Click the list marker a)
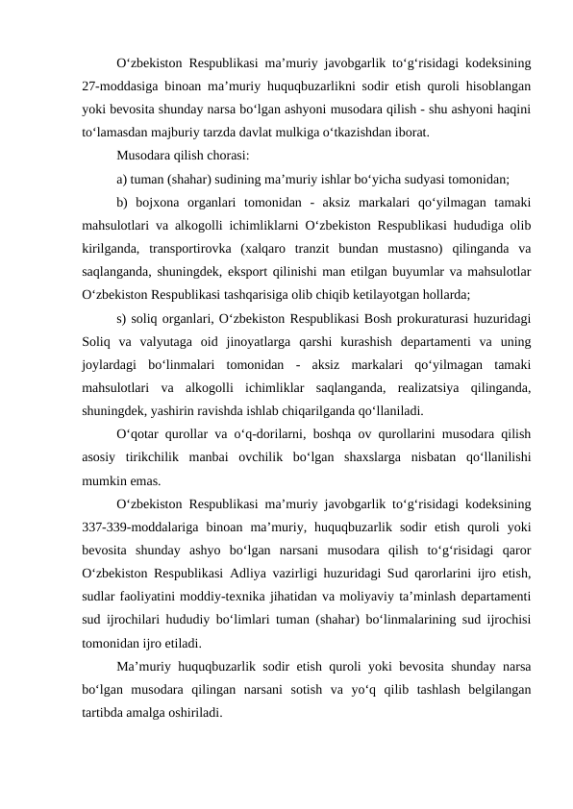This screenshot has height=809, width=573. coord(122,178)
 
